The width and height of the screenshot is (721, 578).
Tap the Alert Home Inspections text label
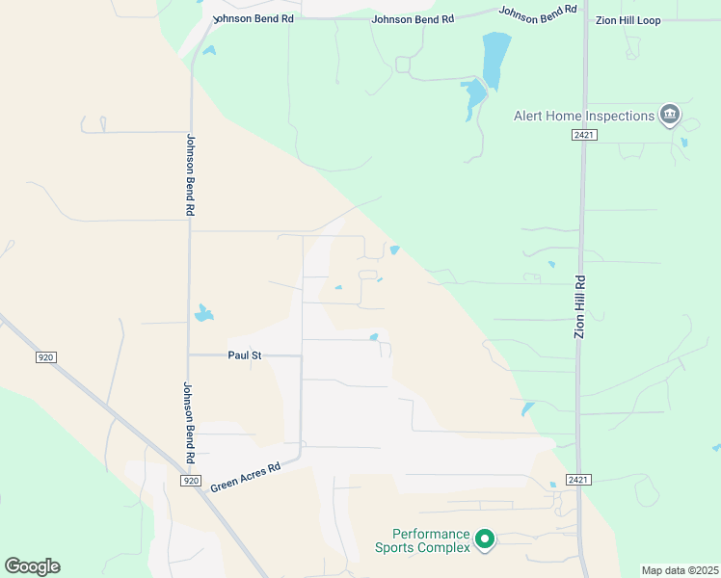click(583, 117)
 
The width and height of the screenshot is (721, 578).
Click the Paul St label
click(245, 355)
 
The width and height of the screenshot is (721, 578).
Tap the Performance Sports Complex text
click(431, 540)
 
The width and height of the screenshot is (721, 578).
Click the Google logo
click(32, 566)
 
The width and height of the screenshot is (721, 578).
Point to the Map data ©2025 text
click(680, 570)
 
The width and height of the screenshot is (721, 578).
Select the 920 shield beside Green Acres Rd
click(191, 480)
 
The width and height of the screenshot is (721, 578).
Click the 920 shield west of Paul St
click(45, 357)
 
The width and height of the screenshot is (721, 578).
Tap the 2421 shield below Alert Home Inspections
click(583, 136)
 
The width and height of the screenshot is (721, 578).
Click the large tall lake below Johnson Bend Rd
click(495, 61)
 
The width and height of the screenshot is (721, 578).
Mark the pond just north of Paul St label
click(202, 313)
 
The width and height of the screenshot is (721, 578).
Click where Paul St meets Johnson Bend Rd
click(190, 355)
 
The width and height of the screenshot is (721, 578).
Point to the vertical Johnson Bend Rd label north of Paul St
click(191, 173)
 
